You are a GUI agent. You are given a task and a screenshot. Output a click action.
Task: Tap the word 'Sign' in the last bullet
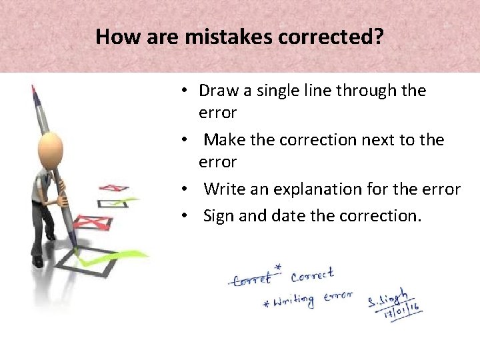tap(217, 216)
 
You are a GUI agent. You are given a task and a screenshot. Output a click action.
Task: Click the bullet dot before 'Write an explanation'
tap(190, 190)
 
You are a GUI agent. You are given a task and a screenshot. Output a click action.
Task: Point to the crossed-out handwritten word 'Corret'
tap(252, 279)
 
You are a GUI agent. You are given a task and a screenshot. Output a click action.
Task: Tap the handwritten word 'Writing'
tap(292, 301)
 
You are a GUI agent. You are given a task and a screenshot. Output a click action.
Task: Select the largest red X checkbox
tap(93, 221)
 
